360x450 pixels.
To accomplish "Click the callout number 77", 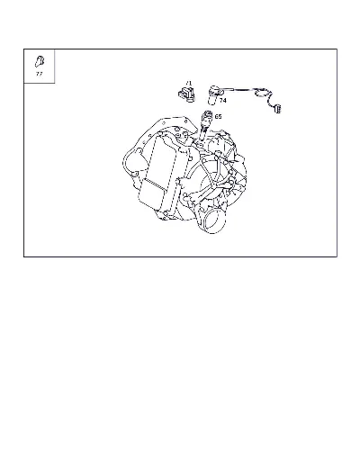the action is point(39,74).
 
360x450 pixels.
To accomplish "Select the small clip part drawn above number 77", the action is point(40,61).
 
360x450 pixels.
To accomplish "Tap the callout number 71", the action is point(188,83).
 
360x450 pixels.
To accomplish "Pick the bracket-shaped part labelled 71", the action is point(186,94).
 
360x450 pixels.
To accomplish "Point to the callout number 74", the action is point(222,101).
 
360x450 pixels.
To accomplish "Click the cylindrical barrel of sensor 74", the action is point(212,96).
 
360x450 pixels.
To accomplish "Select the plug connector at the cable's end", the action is point(278,109).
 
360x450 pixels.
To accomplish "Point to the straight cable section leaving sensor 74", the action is point(238,89).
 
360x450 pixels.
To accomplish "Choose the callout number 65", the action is point(218,116).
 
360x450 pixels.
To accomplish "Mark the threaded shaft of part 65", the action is point(203,132).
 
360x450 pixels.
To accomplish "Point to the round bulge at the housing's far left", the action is point(132,162).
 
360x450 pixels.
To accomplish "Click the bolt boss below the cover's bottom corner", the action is point(164,214).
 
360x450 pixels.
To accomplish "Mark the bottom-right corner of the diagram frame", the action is point(337,256).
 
